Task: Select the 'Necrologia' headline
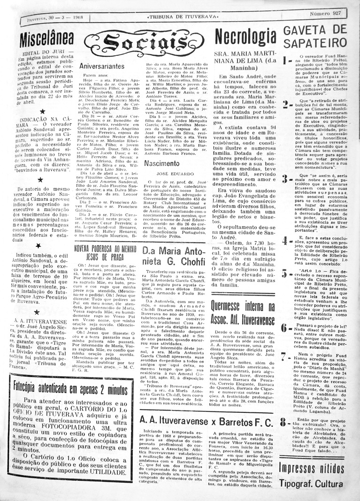(245, 37)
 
